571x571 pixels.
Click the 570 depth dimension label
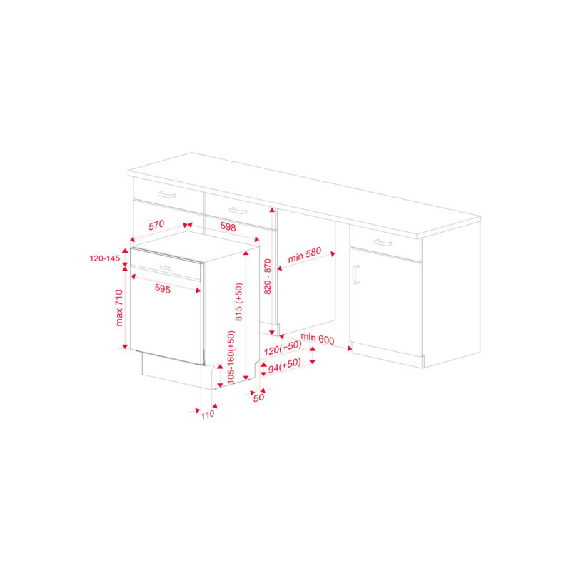[x=156, y=225]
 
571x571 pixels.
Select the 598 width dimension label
[x=228, y=227]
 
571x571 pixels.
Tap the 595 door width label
[x=163, y=288]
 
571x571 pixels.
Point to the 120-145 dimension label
[x=104, y=258]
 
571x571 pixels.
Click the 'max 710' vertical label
[x=119, y=308]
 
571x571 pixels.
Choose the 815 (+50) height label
[x=239, y=302]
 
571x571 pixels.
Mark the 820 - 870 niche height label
[x=267, y=276]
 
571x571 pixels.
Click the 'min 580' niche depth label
[x=305, y=255]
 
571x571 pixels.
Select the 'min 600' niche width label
[x=317, y=338]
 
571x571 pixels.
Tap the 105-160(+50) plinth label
[x=231, y=357]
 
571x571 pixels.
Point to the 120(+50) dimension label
[x=283, y=348]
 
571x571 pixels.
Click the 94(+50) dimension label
[x=284, y=365]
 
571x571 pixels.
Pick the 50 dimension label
[x=258, y=398]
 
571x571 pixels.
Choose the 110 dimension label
[x=208, y=415]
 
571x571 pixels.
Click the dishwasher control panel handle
[x=166, y=268]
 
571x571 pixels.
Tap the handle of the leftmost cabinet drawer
[x=166, y=195]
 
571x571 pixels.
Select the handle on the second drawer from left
[x=238, y=211]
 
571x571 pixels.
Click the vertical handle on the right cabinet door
[x=355, y=274]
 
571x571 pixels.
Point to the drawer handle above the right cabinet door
[x=383, y=242]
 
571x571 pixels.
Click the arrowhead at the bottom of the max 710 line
[x=125, y=347]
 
